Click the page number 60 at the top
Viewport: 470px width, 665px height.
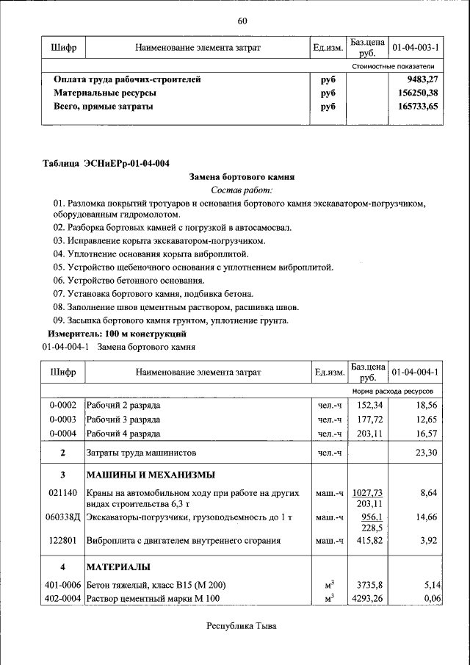tap(242, 20)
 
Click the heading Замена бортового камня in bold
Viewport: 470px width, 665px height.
tap(242, 177)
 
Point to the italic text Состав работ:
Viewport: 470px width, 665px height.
tap(242, 190)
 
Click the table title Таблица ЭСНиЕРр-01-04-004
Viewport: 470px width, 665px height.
tap(111, 163)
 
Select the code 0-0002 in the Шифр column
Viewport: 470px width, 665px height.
tap(63, 405)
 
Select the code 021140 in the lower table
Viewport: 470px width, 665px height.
tap(63, 493)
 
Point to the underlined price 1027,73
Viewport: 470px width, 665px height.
tap(369, 493)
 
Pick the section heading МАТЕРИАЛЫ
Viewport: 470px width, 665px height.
tap(118, 567)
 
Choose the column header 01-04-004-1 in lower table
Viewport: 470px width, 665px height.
tap(415, 373)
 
